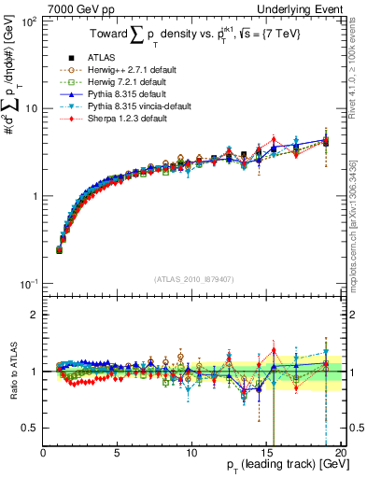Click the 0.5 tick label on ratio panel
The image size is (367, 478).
[31, 428]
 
